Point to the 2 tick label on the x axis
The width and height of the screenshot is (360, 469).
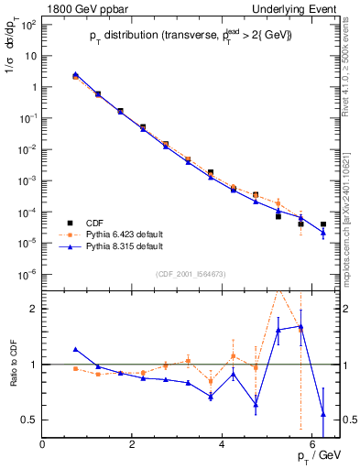click(x=133, y=444)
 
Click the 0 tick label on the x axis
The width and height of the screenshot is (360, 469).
click(x=43, y=444)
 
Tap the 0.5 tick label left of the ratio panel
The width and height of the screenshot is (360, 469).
click(x=27, y=420)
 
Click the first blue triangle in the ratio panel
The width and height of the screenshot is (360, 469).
click(x=75, y=349)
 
